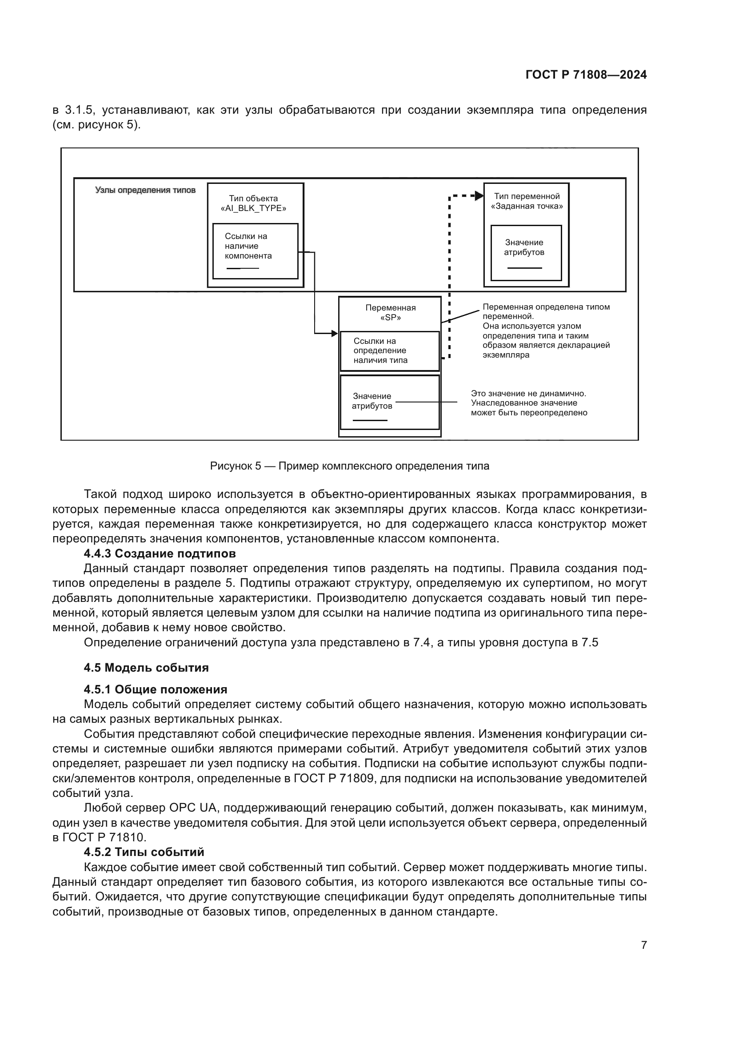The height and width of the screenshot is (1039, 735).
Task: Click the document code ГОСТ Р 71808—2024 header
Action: (586, 75)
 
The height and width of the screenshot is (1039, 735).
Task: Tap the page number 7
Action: (643, 945)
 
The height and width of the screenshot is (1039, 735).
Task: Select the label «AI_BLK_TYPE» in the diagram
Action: (253, 209)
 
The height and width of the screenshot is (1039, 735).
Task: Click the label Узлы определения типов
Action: (145, 190)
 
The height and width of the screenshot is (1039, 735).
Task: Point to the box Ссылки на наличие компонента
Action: (255, 251)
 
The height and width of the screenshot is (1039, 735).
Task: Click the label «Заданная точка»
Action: (527, 207)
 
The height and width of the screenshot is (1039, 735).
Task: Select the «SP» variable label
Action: (391, 318)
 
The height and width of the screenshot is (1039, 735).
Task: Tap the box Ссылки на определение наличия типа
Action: (390, 351)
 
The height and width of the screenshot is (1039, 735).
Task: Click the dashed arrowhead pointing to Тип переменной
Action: (479, 196)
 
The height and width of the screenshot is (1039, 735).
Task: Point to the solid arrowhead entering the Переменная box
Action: (335, 334)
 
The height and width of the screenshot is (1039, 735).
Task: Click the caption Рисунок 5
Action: (349, 466)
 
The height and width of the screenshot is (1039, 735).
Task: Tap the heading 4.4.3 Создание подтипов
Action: (160, 553)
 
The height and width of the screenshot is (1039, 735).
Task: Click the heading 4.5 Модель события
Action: (146, 668)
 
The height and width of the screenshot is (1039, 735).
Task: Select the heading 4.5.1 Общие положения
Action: (155, 689)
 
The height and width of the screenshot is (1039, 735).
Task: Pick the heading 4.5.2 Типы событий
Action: (144, 852)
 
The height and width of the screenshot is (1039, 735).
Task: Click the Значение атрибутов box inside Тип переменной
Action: (526, 252)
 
